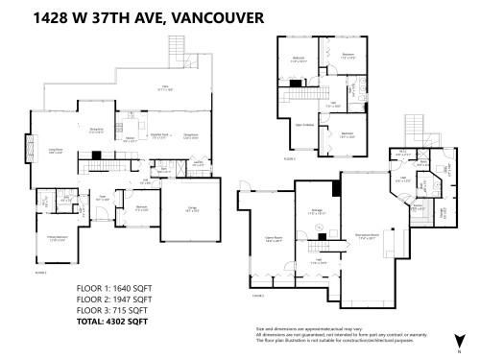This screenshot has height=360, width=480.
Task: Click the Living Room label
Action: coord(57,149)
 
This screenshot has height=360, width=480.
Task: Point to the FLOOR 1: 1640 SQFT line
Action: coord(113,287)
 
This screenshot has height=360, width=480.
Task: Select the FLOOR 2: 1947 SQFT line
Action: coord(113,298)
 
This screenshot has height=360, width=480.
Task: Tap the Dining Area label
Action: coord(96,130)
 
